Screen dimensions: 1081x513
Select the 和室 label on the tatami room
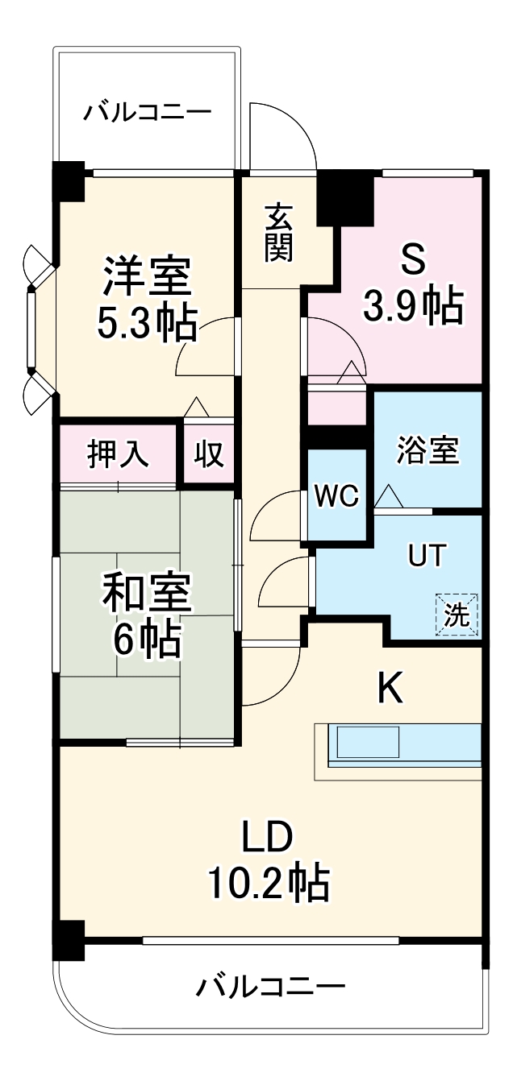point(147,594)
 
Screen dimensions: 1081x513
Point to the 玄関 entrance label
point(278,233)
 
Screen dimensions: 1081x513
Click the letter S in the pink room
point(412,260)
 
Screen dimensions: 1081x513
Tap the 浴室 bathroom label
point(427,452)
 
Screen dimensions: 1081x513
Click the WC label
point(336,496)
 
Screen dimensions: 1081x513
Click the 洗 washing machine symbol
point(457,615)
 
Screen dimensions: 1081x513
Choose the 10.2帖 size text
point(269,884)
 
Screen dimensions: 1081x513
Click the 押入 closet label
point(118,454)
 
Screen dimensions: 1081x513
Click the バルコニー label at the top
point(147,111)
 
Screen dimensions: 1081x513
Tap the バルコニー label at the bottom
point(271,986)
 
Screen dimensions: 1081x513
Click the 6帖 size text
point(147,640)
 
